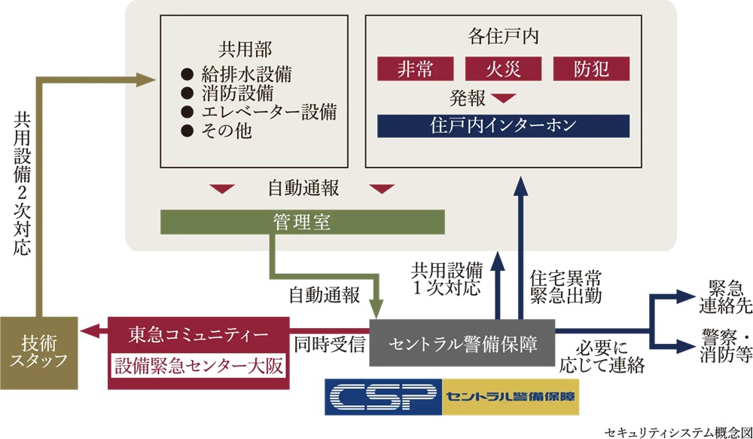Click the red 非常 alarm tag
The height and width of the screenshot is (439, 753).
[x=415, y=69]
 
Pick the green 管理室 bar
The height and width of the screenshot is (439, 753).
[x=302, y=222]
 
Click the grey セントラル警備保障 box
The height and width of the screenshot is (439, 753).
[x=463, y=343]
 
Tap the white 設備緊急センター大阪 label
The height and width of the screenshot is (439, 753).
[x=198, y=366]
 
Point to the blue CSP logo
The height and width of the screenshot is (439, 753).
[x=381, y=396]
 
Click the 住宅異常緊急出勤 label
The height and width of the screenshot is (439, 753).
[x=566, y=285]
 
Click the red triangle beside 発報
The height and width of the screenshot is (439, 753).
[x=503, y=98]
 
